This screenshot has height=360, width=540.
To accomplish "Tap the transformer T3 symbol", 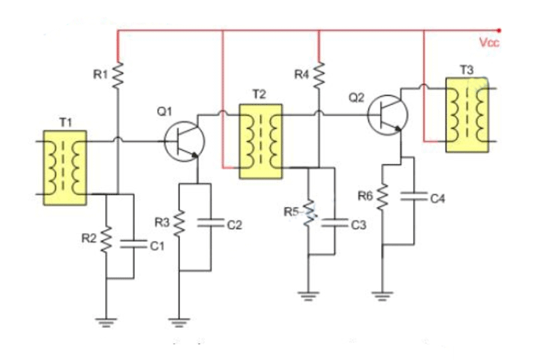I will click(466, 113).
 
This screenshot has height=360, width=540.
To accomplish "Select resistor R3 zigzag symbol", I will click(179, 222).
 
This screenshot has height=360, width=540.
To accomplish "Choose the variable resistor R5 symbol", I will click(309, 216).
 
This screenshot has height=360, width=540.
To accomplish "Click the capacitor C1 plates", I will click(133, 244).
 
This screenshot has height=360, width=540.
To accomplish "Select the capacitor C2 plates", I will click(211, 223).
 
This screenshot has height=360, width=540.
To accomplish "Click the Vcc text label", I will click(489, 43).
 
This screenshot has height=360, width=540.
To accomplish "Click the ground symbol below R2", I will click(106, 322).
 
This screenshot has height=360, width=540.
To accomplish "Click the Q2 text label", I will click(356, 97).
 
